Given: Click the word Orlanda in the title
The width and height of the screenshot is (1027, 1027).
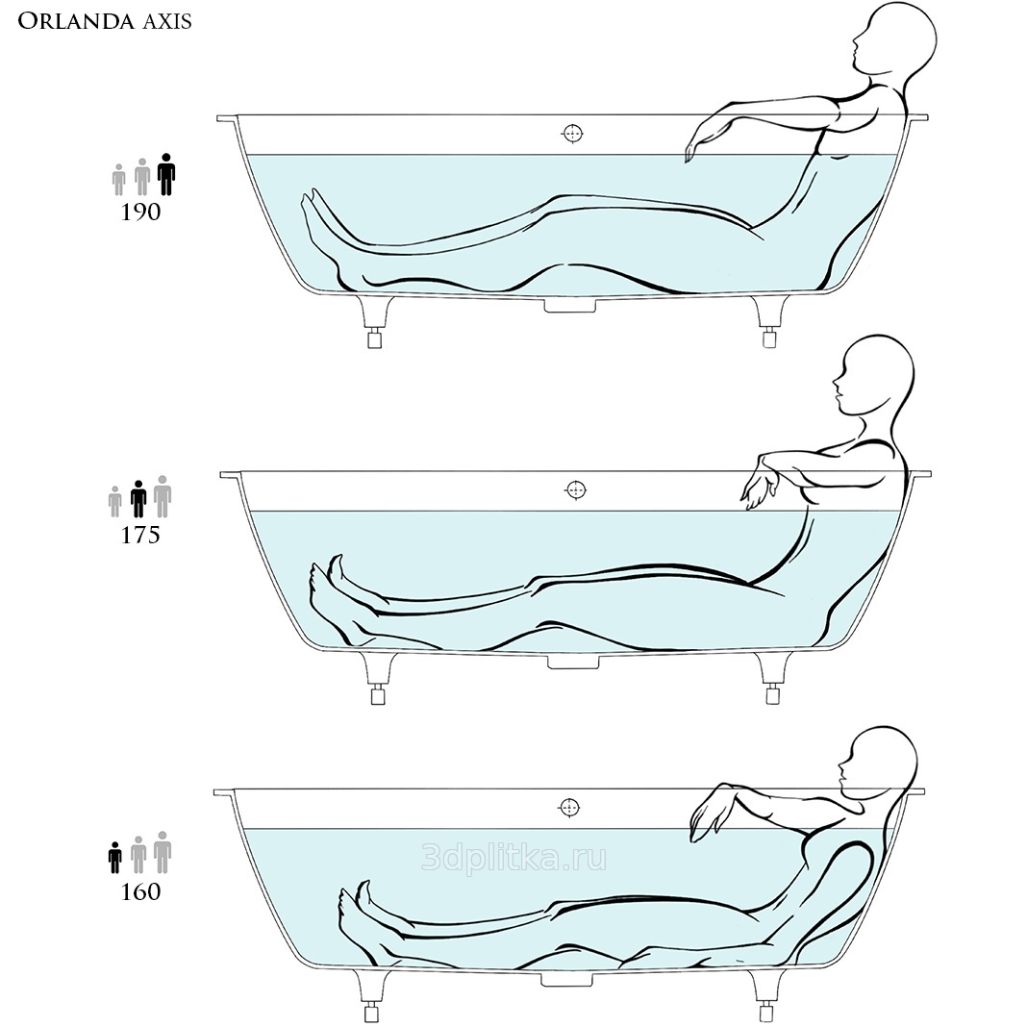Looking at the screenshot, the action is click(74, 21).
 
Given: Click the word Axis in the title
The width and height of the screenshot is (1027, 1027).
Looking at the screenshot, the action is click(167, 21).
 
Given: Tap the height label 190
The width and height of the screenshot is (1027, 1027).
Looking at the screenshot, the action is click(140, 213).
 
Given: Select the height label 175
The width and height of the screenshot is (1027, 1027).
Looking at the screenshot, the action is click(140, 535).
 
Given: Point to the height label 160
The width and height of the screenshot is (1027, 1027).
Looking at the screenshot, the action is click(140, 891).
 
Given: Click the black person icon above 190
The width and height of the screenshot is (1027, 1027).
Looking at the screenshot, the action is click(166, 174).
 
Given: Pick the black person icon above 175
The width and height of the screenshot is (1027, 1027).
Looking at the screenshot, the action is click(138, 498).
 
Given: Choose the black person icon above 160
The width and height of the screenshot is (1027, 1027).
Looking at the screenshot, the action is click(115, 858).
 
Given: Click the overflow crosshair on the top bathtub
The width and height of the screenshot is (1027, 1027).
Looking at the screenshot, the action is click(572, 134).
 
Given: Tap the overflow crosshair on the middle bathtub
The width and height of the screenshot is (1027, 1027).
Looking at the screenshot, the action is click(576, 489).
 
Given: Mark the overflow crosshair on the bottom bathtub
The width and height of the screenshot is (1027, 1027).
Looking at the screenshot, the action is click(570, 808).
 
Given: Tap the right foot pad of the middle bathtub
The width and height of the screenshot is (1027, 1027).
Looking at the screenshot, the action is click(772, 694).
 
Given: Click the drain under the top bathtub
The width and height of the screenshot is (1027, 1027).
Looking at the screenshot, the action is click(570, 306).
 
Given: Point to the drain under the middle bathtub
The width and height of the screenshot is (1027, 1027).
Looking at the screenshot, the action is click(574, 663).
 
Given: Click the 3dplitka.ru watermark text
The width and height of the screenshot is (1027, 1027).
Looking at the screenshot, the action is click(514, 858).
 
